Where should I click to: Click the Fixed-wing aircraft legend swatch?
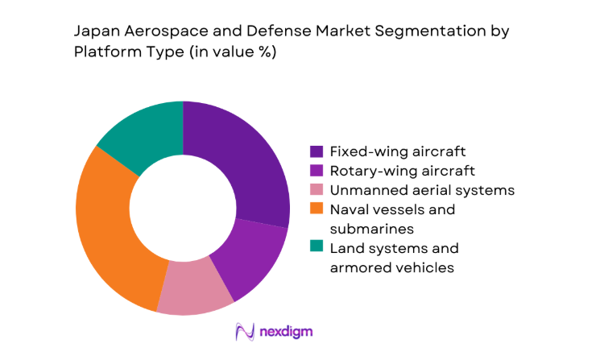click(317, 151)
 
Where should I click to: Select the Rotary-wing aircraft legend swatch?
click(317, 171)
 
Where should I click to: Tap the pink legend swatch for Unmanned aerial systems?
click(317, 190)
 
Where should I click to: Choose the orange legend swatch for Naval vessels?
click(317, 209)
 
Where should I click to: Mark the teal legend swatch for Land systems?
click(317, 248)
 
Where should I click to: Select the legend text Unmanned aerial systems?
click(422, 190)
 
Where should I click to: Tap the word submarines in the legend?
click(366, 229)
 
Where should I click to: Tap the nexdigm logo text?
click(285, 331)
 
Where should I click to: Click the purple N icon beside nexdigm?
click(243, 331)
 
